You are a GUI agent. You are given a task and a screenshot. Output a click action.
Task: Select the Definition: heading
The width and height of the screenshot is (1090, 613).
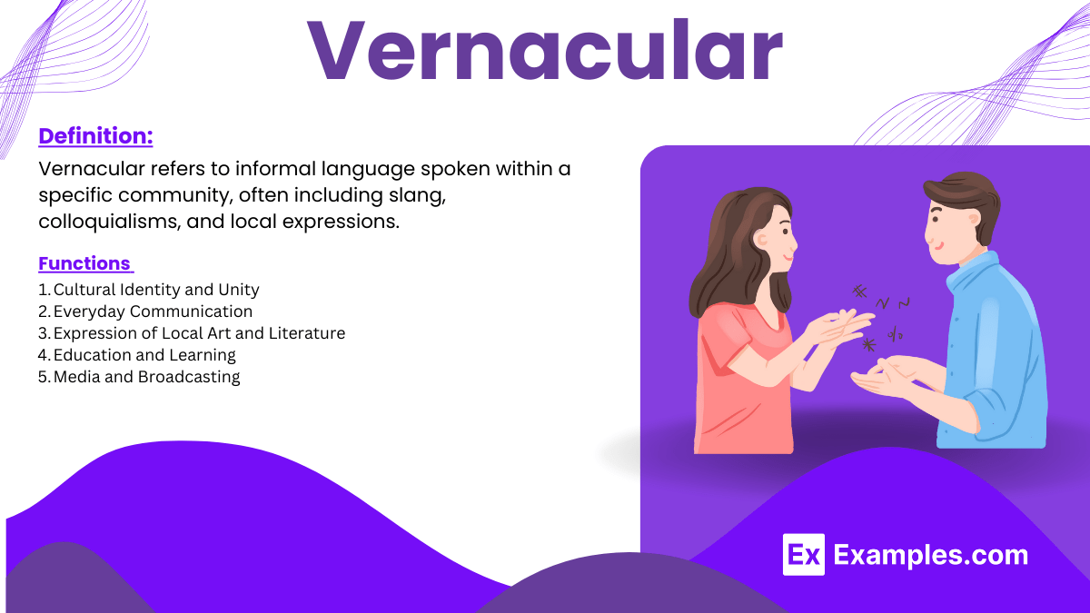95,136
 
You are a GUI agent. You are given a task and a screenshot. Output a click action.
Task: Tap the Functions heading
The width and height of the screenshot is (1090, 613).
84,263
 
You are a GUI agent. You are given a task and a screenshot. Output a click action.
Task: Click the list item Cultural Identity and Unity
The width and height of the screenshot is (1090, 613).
156,290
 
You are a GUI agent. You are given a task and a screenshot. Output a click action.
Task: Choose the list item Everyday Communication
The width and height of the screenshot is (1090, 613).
153,311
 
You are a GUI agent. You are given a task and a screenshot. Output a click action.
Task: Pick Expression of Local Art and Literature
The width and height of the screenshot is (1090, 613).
199,333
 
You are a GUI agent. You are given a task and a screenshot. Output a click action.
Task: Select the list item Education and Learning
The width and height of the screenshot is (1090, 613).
144,355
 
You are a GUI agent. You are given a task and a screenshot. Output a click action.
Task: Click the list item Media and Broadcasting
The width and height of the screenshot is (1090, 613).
146,377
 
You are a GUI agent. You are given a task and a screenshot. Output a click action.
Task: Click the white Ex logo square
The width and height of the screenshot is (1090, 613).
803,555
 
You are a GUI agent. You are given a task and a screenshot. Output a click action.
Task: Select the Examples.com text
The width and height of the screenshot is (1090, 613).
930,555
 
